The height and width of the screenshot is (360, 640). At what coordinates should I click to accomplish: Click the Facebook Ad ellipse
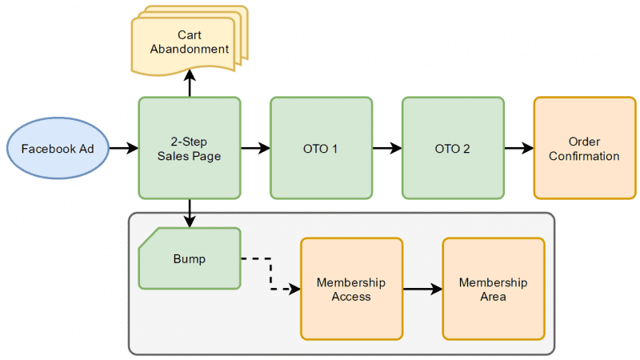[x=57, y=149]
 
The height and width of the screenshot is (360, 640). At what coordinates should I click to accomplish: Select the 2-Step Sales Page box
[x=190, y=148]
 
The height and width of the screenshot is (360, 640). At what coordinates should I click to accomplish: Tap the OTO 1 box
[x=321, y=148]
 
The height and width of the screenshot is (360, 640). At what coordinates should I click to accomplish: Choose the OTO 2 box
[x=453, y=148]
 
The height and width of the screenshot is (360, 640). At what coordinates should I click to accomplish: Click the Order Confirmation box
[x=584, y=148]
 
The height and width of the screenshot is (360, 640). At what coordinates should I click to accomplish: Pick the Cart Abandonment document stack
[x=190, y=40]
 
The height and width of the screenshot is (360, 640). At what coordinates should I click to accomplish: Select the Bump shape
[x=190, y=258]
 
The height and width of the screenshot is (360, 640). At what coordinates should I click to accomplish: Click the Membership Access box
[x=351, y=289]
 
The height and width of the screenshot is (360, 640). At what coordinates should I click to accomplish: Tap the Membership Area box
[x=494, y=289]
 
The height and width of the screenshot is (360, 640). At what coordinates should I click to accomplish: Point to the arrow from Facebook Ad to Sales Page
[x=122, y=149]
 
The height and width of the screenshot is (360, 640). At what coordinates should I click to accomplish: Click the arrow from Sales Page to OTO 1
[x=255, y=149]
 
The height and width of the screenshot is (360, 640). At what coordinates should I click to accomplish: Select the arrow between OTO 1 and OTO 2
[x=387, y=149]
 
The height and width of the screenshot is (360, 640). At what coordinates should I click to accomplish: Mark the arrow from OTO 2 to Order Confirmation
[x=518, y=149]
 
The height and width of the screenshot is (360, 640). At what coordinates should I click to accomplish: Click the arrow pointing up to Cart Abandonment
[x=190, y=83]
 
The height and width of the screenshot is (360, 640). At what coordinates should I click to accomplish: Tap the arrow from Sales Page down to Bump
[x=190, y=212]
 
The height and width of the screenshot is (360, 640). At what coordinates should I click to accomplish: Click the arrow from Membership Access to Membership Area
[x=422, y=289]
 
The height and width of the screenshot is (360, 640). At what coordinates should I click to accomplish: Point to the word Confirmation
[x=584, y=156]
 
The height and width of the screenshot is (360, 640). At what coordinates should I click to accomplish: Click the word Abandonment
[x=190, y=49]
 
